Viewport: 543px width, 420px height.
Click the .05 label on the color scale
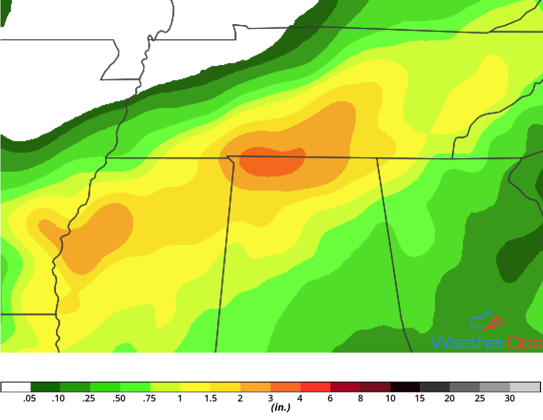30,398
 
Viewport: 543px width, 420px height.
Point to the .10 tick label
58,398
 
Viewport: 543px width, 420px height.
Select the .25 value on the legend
88,398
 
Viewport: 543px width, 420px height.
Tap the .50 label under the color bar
118,398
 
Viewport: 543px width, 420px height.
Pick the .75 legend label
149,398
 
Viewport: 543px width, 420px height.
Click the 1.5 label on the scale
211,398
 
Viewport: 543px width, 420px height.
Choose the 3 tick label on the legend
270,398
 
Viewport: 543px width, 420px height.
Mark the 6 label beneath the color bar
330,398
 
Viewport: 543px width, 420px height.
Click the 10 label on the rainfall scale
390,398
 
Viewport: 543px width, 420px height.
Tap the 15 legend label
420,398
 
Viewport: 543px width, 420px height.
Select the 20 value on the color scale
450,398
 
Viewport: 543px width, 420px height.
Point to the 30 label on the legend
510,398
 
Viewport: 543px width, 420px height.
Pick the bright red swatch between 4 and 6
315,387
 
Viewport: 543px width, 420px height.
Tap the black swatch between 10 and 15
405,387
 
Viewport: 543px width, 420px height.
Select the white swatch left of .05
16,387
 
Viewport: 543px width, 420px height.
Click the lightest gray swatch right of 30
525,387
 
